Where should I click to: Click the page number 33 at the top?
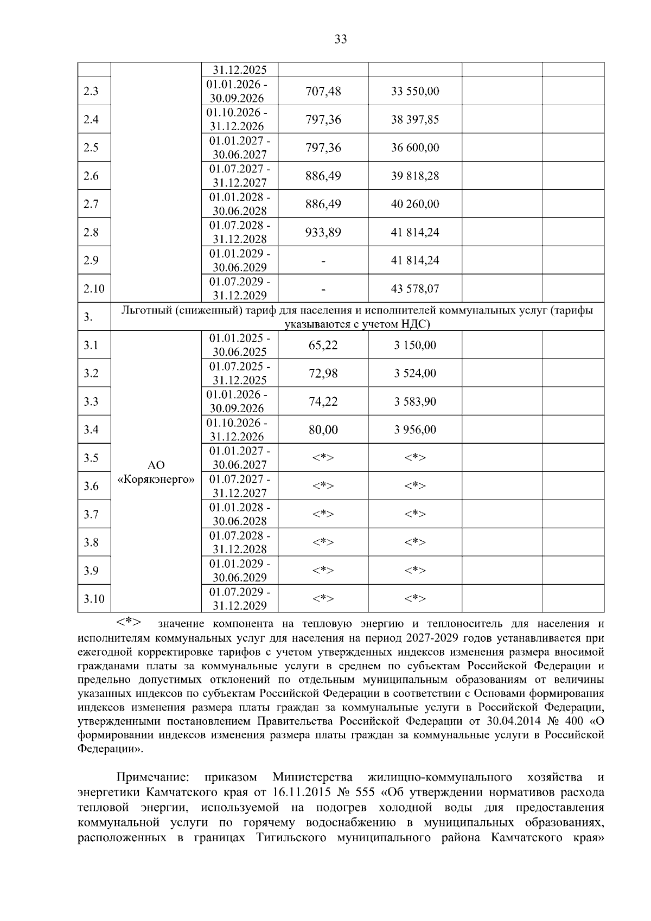click(x=341, y=39)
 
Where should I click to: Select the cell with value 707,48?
click(x=323, y=91)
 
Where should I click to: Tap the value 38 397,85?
click(x=415, y=119)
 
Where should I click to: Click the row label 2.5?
click(x=91, y=148)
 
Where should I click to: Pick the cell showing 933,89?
click(x=323, y=232)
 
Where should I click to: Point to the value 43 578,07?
click(x=415, y=289)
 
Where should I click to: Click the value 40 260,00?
click(x=415, y=204)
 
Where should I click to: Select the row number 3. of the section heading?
click(x=88, y=317)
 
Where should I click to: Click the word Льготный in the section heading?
click(x=147, y=311)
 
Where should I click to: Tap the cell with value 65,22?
click(x=323, y=345)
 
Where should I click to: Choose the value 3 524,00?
click(x=415, y=373)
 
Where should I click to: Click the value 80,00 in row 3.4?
click(x=323, y=430)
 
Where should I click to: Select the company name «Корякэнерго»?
click(x=156, y=479)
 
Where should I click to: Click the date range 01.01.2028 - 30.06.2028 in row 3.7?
click(x=240, y=514)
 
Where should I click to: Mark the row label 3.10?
click(x=94, y=599)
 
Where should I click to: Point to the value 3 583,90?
click(x=415, y=401)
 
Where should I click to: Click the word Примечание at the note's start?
click(x=153, y=778)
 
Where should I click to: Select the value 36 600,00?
click(x=415, y=148)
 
